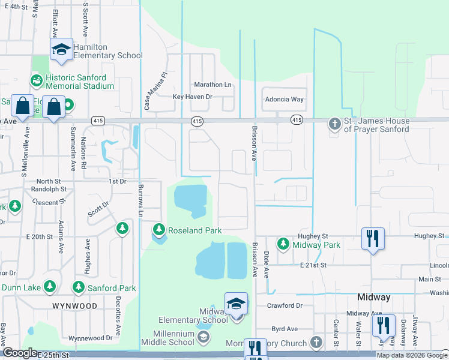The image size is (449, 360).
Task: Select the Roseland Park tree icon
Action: click(x=159, y=230)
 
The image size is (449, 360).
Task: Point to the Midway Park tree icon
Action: click(x=283, y=244)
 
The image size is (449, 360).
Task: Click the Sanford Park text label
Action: click(x=110, y=288)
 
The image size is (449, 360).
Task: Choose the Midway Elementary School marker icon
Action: click(x=236, y=304)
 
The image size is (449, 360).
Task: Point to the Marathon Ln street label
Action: click(x=212, y=85)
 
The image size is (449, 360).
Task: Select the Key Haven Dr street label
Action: click(x=193, y=96)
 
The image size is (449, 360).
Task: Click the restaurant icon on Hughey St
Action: click(x=372, y=238)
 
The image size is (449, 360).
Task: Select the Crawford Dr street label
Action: click(x=285, y=305)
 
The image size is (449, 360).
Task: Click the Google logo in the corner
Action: click(x=20, y=353)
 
